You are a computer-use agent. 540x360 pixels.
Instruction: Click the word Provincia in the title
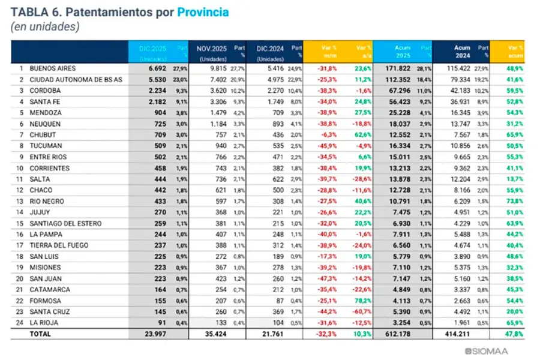tap(203, 11)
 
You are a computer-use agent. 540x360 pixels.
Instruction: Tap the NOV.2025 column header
tap(212, 47)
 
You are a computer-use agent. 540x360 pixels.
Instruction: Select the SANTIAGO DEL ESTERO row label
tap(64, 223)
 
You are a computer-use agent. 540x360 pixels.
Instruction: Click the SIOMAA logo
tap(497, 350)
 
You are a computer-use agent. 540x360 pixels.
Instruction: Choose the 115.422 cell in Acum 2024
tap(458, 69)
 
